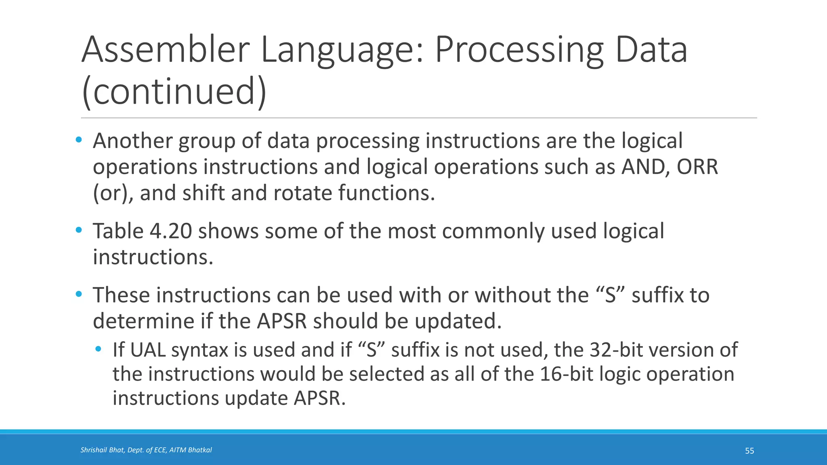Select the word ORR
click(697, 167)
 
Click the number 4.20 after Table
click(170, 231)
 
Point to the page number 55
click(749, 451)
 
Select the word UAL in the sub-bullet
click(148, 350)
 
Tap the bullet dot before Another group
click(79, 140)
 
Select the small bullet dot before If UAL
click(98, 349)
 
